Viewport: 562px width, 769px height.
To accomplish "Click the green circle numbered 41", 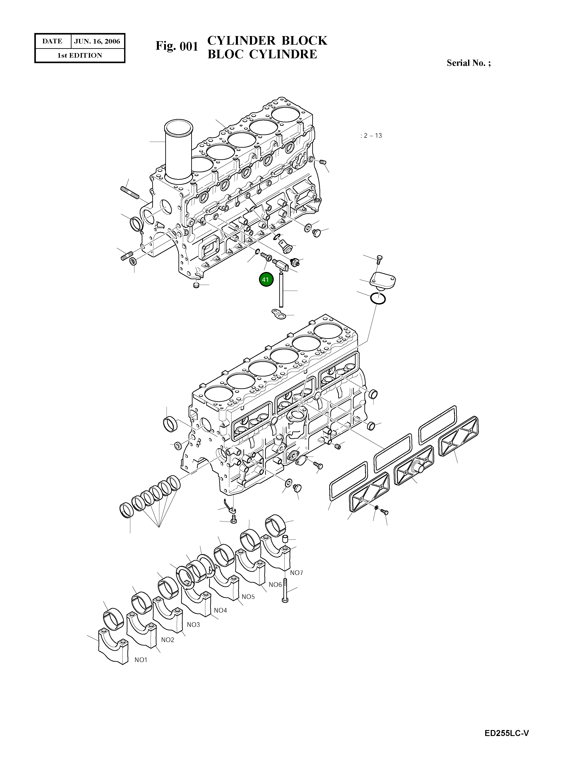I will pyautogui.click(x=266, y=280).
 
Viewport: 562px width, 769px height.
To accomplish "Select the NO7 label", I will pyautogui.click(x=296, y=573).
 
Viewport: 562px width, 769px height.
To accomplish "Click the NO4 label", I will pyautogui.click(x=220, y=610).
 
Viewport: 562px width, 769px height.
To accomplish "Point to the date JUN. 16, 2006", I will pyautogui.click(x=97, y=41).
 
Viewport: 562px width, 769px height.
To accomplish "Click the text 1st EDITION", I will pyautogui.click(x=80, y=55).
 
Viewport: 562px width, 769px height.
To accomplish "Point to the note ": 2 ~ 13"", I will pyautogui.click(x=371, y=136).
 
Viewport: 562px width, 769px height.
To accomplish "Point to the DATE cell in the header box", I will pyautogui.click(x=52, y=41).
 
